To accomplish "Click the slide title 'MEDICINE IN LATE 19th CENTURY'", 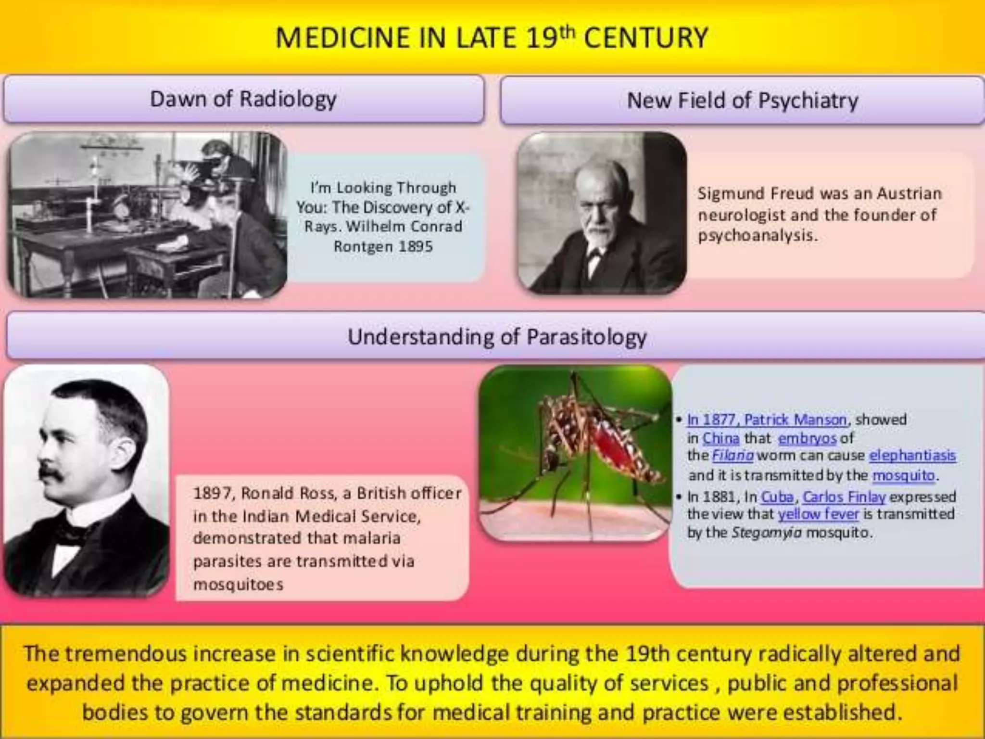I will [x=492, y=38].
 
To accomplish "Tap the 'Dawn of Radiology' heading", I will [x=243, y=99].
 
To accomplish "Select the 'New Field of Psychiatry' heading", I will [x=742, y=101].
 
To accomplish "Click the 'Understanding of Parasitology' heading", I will [x=497, y=337].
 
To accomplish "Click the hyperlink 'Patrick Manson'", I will [x=795, y=420].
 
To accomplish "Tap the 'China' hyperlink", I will [x=720, y=438].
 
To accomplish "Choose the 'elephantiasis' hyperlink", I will [x=912, y=455].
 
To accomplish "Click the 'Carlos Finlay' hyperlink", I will [x=844, y=496].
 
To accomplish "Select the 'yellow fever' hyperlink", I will [x=818, y=514].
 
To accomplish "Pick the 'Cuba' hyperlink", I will [x=777, y=496].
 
